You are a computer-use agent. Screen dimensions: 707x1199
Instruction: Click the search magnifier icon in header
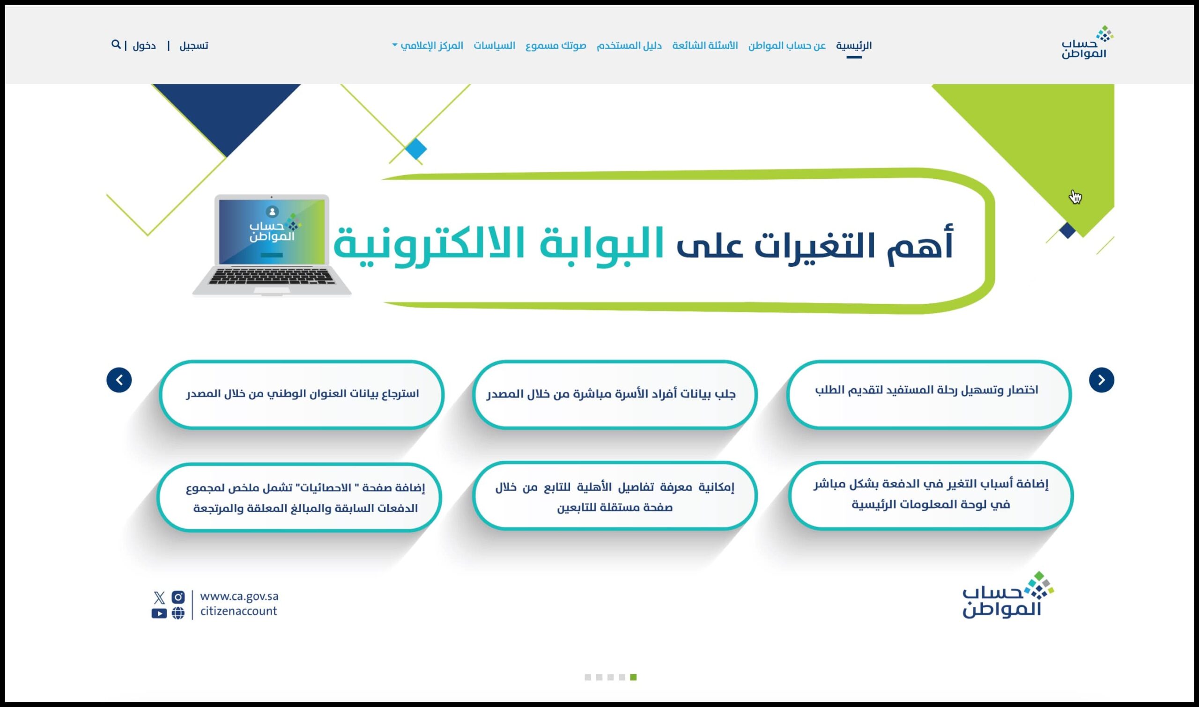coord(116,44)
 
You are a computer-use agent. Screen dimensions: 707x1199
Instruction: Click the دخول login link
coord(144,46)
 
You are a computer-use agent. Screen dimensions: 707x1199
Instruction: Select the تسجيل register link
coord(193,46)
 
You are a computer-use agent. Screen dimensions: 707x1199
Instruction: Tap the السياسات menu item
coord(494,45)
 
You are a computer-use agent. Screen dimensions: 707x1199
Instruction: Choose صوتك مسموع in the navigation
coord(555,45)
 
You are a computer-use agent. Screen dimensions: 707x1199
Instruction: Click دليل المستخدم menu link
coord(629,45)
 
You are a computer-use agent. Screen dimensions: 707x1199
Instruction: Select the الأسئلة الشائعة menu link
coord(705,45)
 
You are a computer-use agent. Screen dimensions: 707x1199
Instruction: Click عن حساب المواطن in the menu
coord(787,45)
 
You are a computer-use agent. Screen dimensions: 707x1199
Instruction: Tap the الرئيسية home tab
coord(853,45)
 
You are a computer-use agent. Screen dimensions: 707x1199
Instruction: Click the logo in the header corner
coord(1087,43)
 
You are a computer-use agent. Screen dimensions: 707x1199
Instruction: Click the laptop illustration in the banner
coord(272,245)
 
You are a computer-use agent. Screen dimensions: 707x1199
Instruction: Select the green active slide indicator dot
coord(633,678)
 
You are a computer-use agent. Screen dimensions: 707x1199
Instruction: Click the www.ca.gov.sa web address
coord(239,597)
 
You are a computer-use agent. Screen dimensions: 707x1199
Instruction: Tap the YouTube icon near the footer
coord(159,614)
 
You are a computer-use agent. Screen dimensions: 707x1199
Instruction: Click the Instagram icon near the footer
coord(178,597)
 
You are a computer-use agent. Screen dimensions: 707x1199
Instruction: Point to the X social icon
coord(159,597)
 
